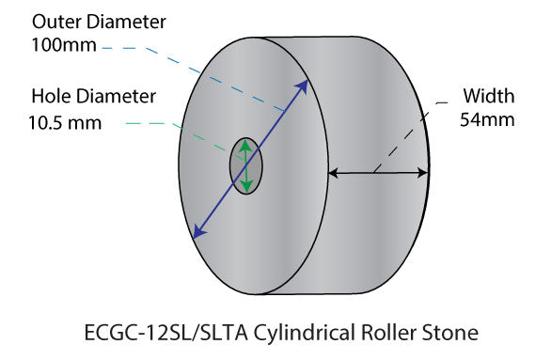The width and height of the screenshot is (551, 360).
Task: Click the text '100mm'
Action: pyautogui.click(x=61, y=45)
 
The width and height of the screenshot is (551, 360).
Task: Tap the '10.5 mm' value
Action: pyautogui.click(x=63, y=122)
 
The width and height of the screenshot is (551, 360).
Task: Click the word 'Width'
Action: pyautogui.click(x=487, y=95)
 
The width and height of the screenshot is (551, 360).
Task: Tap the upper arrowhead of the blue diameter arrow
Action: pyautogui.click(x=304, y=86)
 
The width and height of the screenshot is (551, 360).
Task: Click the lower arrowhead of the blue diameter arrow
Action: pyautogui.click(x=195, y=233)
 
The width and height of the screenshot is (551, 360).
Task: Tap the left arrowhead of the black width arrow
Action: pyautogui.click(x=333, y=173)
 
